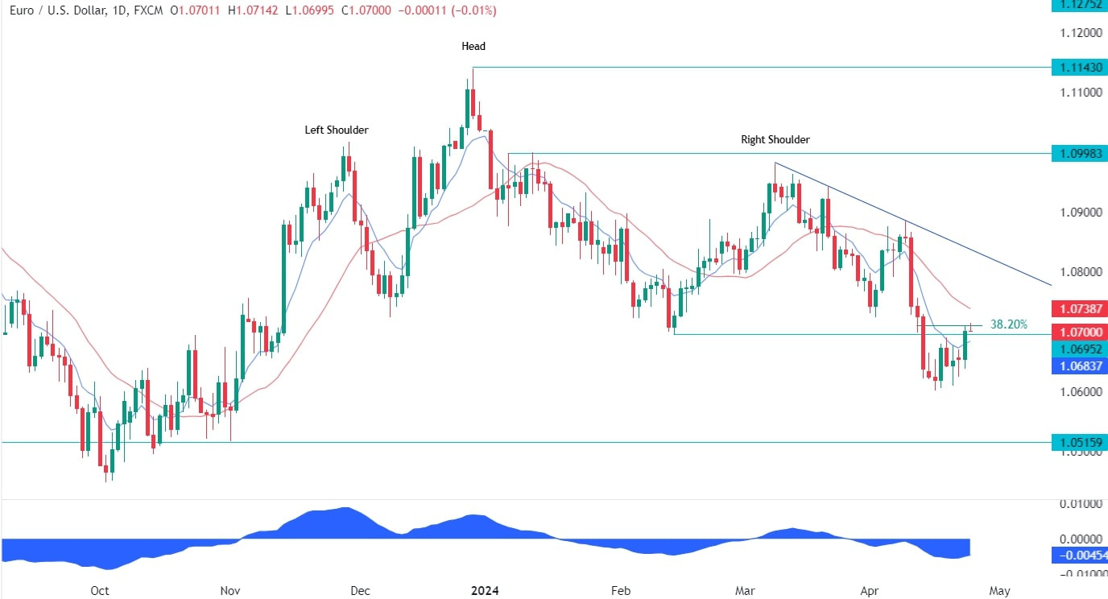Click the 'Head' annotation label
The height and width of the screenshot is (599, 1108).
pos(473,47)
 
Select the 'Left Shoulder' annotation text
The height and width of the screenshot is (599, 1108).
pos(336,130)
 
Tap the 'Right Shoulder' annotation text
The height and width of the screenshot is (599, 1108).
pos(775,140)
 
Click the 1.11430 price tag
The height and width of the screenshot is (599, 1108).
pos(1079,68)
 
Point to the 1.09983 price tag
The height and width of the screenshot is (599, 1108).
pos(1079,153)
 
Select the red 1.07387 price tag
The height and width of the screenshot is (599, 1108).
pos(1079,308)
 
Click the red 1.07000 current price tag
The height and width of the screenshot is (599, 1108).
pos(1079,332)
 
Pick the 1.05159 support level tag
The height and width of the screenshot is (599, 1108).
pos(1079,442)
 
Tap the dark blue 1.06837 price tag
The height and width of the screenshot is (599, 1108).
pos(1079,366)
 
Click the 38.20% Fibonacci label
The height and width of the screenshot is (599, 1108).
pos(1008,324)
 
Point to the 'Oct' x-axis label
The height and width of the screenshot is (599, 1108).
pos(99,591)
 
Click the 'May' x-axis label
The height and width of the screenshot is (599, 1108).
pos(998,591)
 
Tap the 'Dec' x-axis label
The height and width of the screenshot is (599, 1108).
pos(360,591)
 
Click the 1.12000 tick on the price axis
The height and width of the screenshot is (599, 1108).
pos(1079,33)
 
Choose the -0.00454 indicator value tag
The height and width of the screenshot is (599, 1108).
pos(1079,556)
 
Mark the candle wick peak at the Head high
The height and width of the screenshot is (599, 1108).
pos(473,69)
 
